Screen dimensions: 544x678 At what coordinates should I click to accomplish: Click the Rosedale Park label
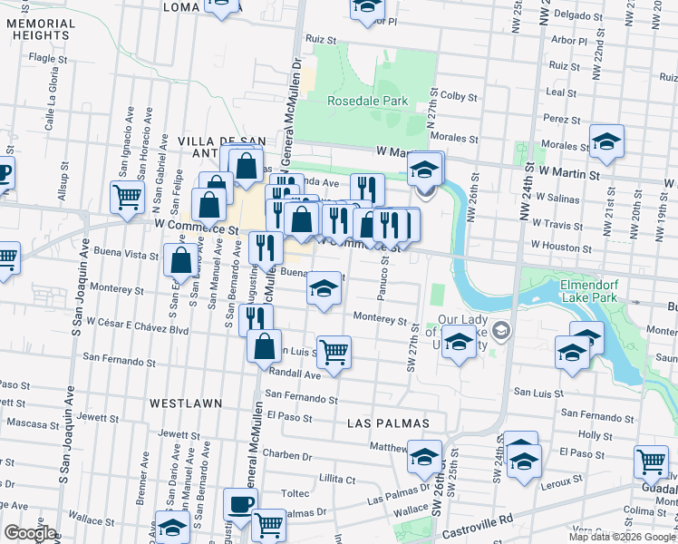(x=367, y=102)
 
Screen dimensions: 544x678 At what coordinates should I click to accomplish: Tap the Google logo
(x=30, y=533)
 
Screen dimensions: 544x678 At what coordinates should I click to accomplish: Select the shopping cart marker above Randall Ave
(x=334, y=351)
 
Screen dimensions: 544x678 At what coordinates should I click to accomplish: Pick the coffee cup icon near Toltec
(x=240, y=503)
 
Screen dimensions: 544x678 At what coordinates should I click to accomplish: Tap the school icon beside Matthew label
(x=424, y=456)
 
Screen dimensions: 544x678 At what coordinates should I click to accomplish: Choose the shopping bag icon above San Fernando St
(x=264, y=346)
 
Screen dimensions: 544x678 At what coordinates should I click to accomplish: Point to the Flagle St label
(x=44, y=57)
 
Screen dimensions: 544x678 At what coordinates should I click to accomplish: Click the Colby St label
(x=460, y=95)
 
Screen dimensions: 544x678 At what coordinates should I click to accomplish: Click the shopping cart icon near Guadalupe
(x=651, y=461)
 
